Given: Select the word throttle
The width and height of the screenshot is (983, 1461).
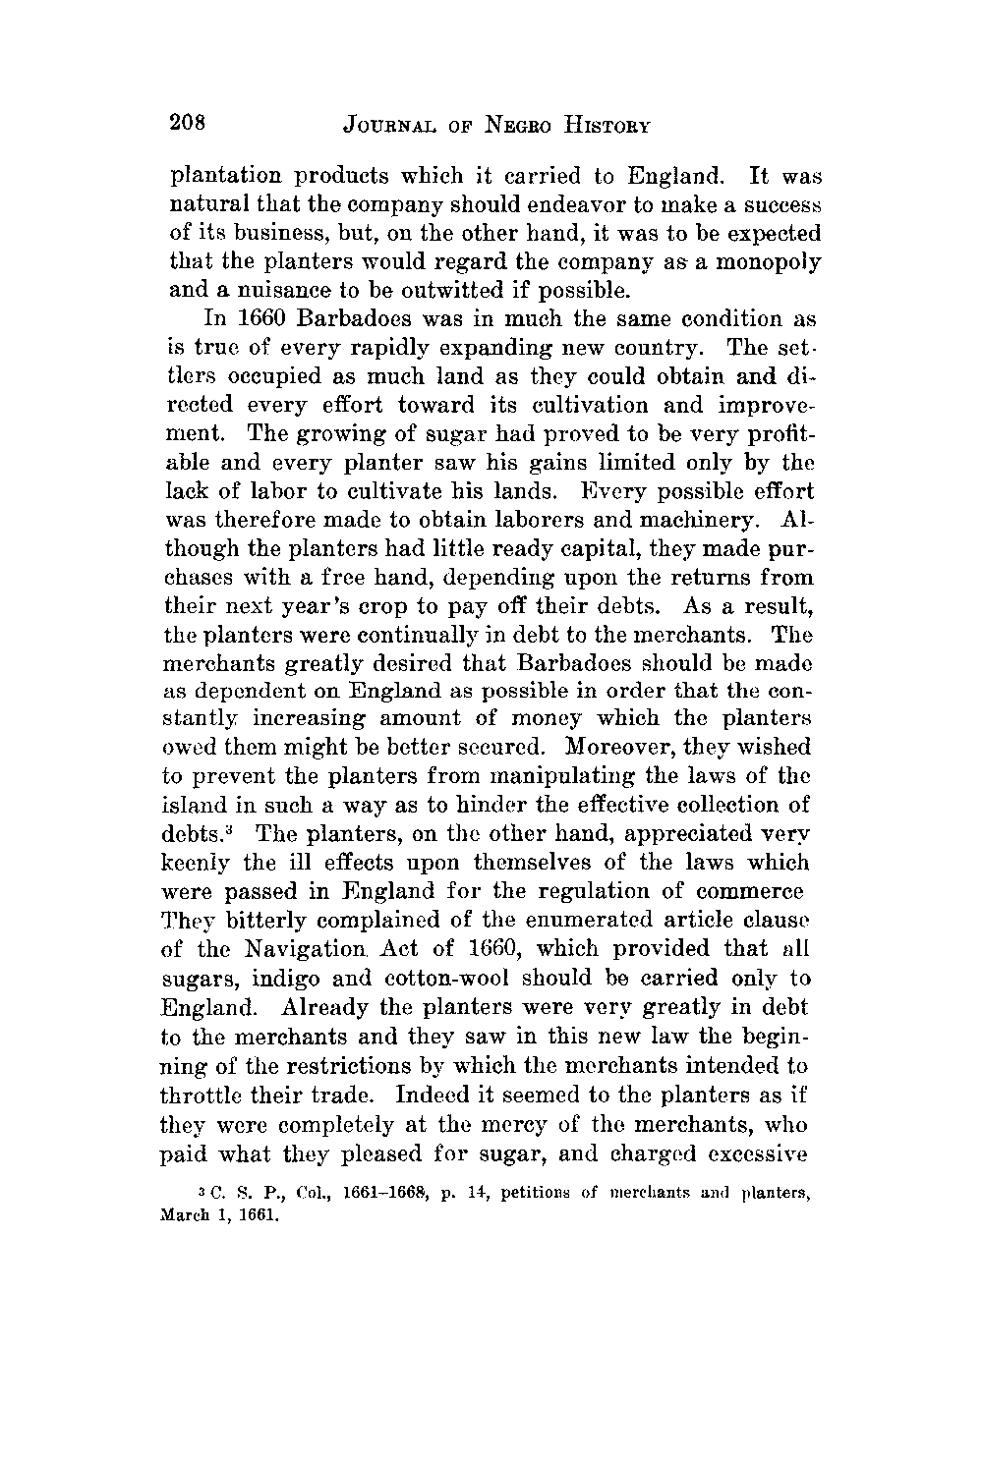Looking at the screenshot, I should (207, 1093).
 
